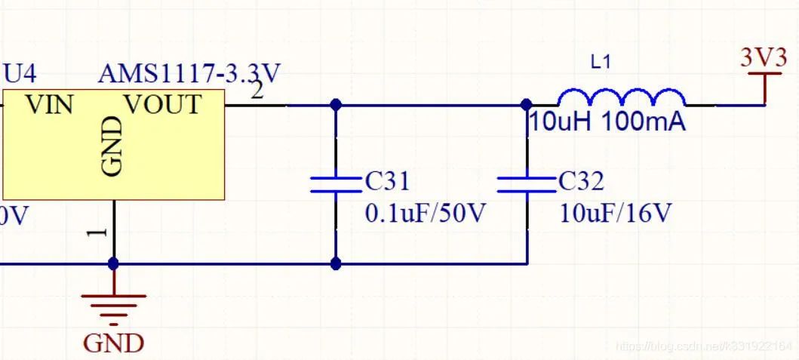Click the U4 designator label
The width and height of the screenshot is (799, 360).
point(20,73)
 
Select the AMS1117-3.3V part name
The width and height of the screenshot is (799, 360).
point(189,74)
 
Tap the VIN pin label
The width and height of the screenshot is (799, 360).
point(50,104)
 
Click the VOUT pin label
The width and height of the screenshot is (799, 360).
point(163,104)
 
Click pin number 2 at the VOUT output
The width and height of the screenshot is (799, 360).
point(257,91)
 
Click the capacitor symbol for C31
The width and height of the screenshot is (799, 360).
point(337,184)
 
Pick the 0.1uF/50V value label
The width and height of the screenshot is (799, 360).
point(426,214)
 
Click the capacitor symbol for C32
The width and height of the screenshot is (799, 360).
point(527,184)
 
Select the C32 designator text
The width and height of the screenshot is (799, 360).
point(581,181)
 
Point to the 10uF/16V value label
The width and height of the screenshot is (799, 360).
point(615,214)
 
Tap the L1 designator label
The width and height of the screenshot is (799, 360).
point(601,63)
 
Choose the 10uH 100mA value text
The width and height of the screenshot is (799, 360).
point(607,122)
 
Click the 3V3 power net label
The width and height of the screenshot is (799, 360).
point(764,58)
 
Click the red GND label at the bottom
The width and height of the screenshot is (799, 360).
point(113,343)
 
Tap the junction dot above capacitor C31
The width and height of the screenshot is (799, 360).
point(337,105)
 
